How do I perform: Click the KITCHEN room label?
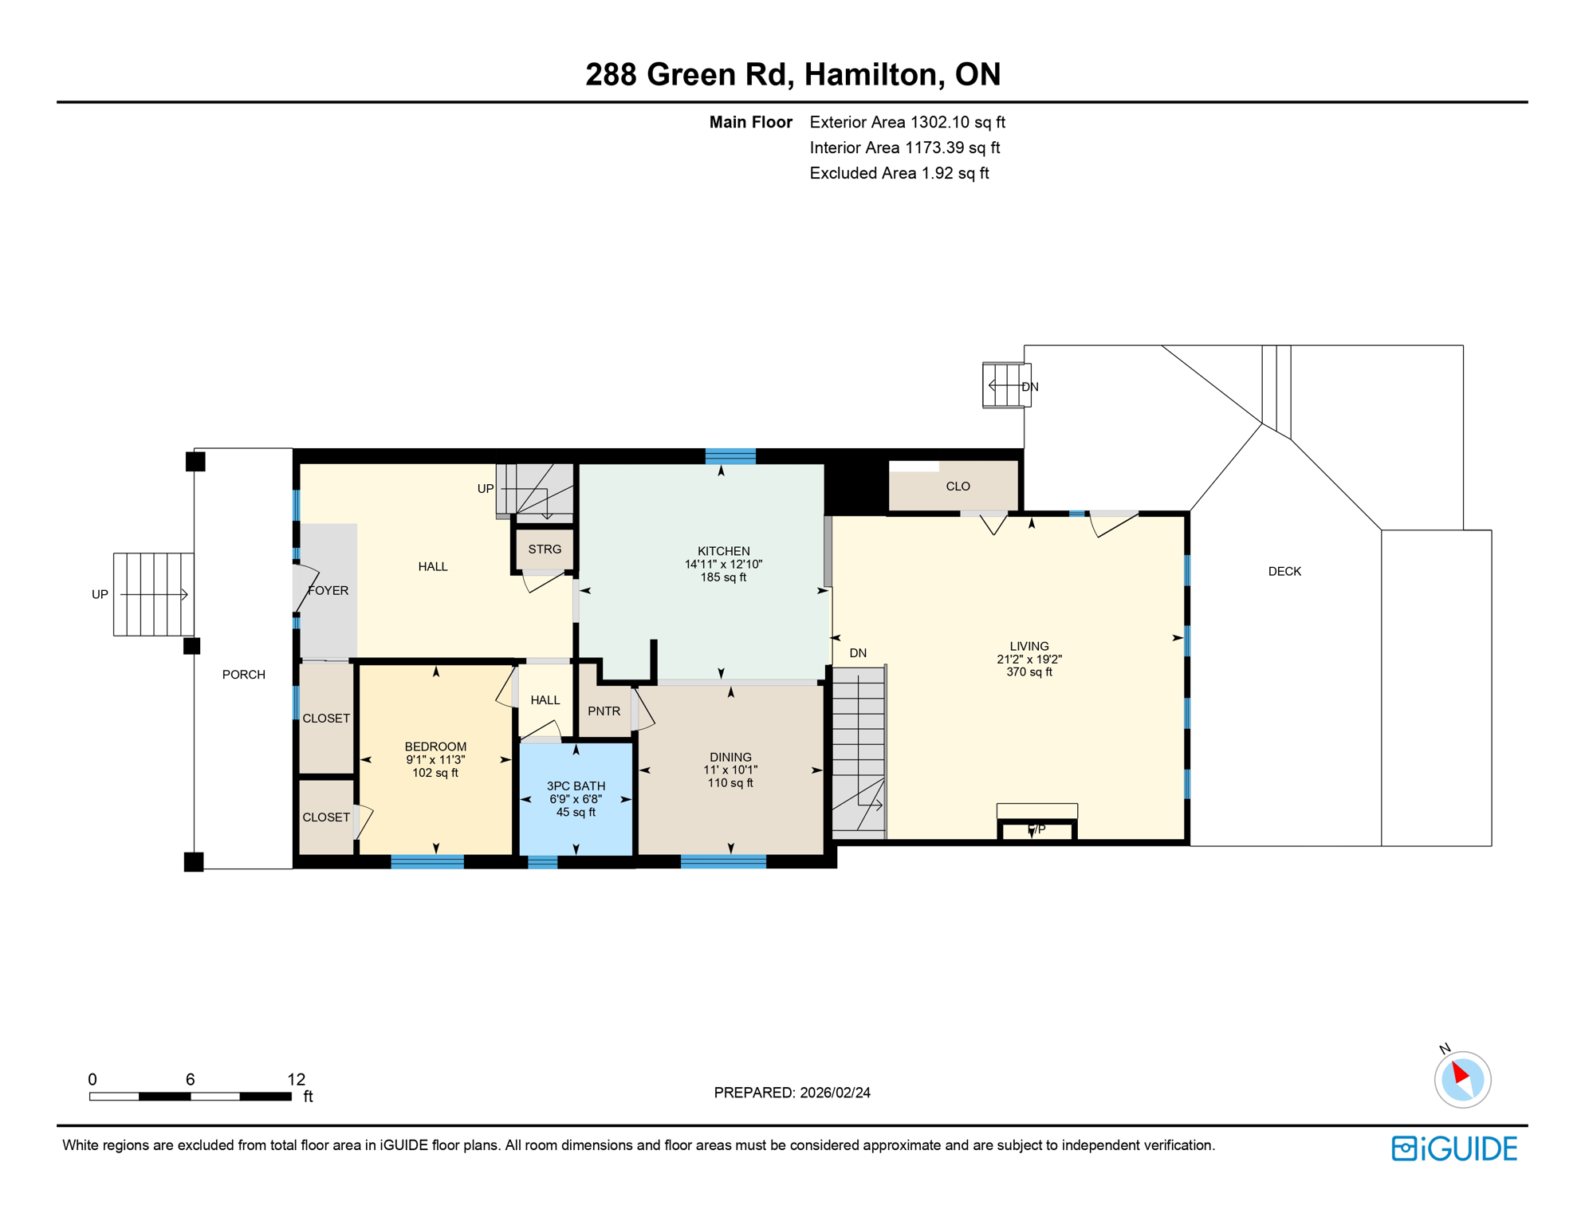[x=723, y=551]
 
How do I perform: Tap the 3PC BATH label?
[x=576, y=786]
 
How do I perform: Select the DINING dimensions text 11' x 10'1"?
[x=730, y=770]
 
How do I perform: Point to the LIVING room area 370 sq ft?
[x=1028, y=672]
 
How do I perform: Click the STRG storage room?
[x=545, y=549]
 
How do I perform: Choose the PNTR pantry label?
[x=604, y=711]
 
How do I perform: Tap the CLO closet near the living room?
[x=958, y=486]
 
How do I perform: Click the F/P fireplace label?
[x=1036, y=829]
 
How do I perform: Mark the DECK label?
[x=1284, y=572]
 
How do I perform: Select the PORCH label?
[x=243, y=675]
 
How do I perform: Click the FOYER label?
[x=328, y=591]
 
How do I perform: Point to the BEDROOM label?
[x=435, y=747]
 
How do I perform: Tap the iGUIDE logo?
[x=1454, y=1148]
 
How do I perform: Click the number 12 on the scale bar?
[x=296, y=1080]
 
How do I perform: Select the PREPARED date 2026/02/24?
[x=835, y=1093]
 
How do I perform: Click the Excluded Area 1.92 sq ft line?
[x=899, y=174]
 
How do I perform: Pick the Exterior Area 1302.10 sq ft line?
[x=907, y=123]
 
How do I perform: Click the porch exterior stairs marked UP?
[x=153, y=594]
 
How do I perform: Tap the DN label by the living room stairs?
[x=858, y=653]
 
